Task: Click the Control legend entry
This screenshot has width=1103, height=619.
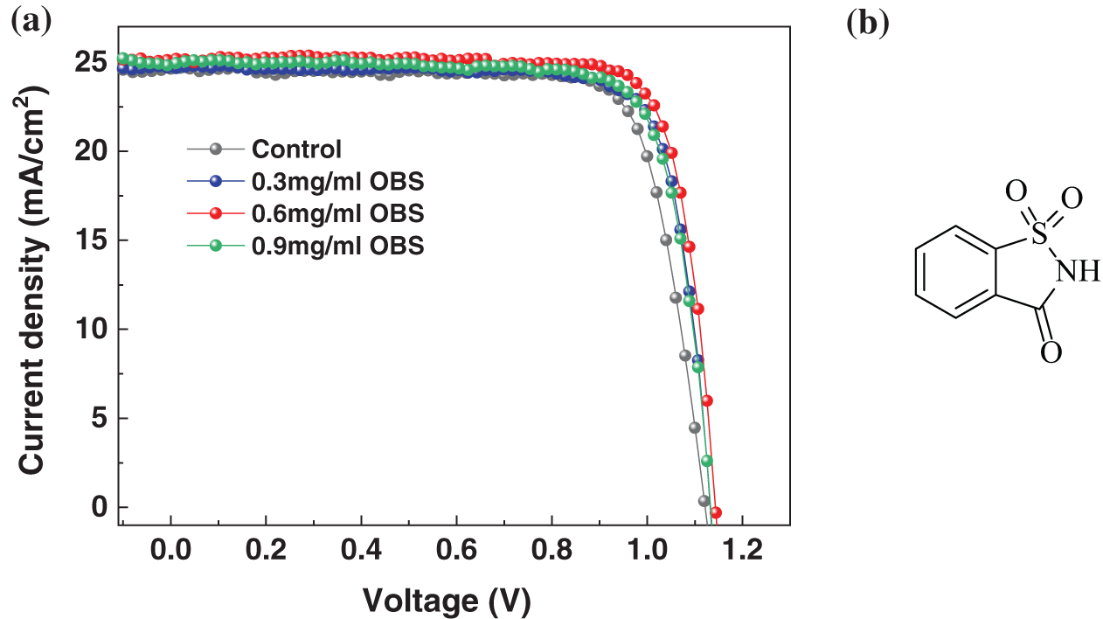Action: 296,149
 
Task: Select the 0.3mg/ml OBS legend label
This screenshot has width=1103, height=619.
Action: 337,182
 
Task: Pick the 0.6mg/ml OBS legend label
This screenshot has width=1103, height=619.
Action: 337,214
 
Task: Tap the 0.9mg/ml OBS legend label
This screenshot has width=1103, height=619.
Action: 337,247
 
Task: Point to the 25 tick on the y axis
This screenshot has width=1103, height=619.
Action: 90,62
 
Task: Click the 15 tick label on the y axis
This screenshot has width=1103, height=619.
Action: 90,240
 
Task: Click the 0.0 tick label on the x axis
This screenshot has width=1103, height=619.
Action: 171,552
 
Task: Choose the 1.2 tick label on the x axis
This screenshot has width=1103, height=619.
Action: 741,552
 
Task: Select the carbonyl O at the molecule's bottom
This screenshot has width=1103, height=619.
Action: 1051,351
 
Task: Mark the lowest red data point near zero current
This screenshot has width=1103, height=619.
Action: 715,512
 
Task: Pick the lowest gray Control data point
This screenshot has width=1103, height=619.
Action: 704,501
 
